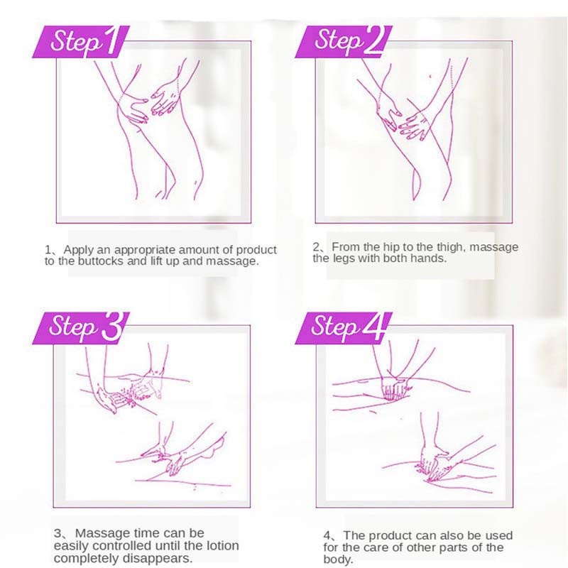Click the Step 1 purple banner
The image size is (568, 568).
(x=81, y=41)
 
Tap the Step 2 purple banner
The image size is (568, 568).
(x=344, y=41)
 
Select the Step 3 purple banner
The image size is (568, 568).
(x=81, y=328)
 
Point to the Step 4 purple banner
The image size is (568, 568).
(x=344, y=328)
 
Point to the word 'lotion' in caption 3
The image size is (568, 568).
(x=222, y=545)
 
